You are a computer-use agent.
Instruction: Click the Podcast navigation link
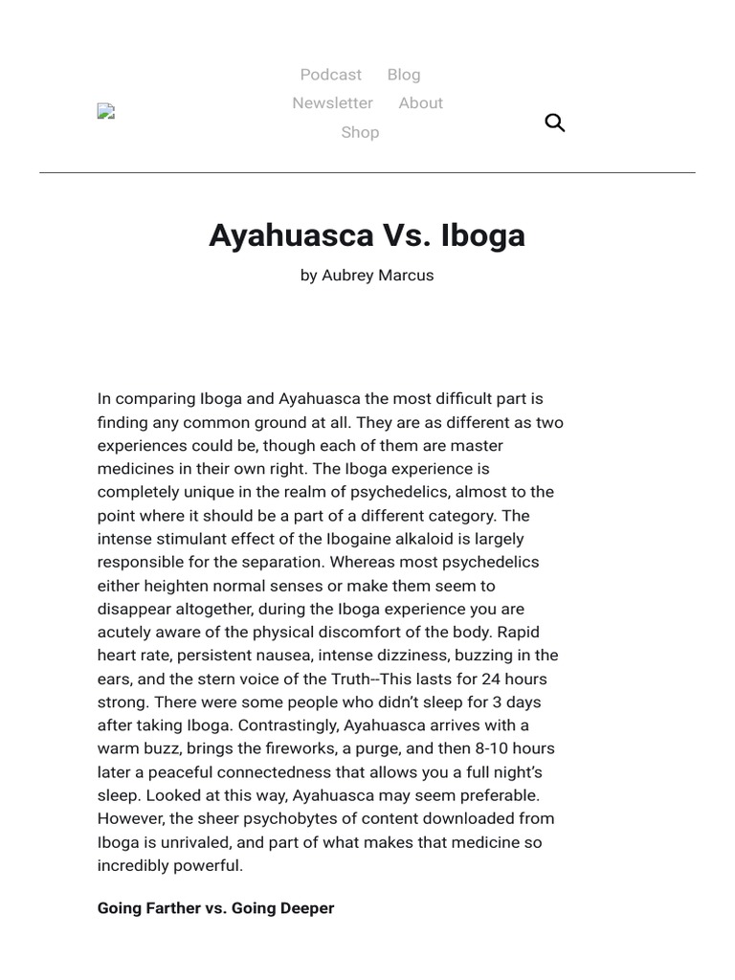[330, 75]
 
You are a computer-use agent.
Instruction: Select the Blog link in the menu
[404, 75]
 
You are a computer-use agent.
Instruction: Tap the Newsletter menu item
[332, 103]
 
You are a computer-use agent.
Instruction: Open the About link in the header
[420, 103]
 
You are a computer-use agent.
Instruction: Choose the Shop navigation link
[360, 132]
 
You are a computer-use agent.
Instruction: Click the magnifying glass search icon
[555, 122]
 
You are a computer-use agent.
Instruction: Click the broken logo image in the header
[105, 112]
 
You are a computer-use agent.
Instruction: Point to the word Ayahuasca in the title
[290, 235]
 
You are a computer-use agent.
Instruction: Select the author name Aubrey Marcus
[377, 276]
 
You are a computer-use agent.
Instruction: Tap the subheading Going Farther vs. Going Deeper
[215, 908]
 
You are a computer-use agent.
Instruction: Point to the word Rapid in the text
[519, 632]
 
